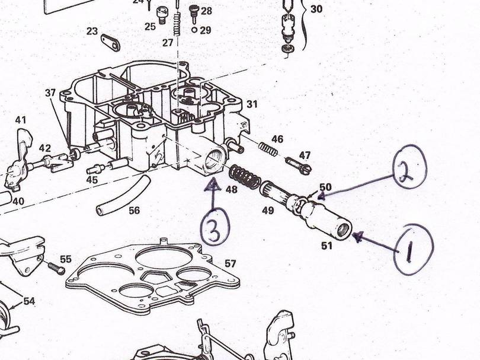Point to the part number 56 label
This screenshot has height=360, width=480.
click(x=135, y=210)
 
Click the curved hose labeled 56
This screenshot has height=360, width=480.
click(x=122, y=196)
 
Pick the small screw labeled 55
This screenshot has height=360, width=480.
click(x=55, y=268)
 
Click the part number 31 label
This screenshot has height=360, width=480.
click(x=252, y=104)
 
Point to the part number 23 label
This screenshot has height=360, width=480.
click(x=92, y=31)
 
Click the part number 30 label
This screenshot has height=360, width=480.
click(x=316, y=9)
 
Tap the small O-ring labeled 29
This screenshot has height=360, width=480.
click(x=194, y=30)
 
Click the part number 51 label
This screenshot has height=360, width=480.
click(x=327, y=245)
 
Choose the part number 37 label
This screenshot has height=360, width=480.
click(x=50, y=93)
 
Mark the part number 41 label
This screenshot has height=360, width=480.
click(x=21, y=120)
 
